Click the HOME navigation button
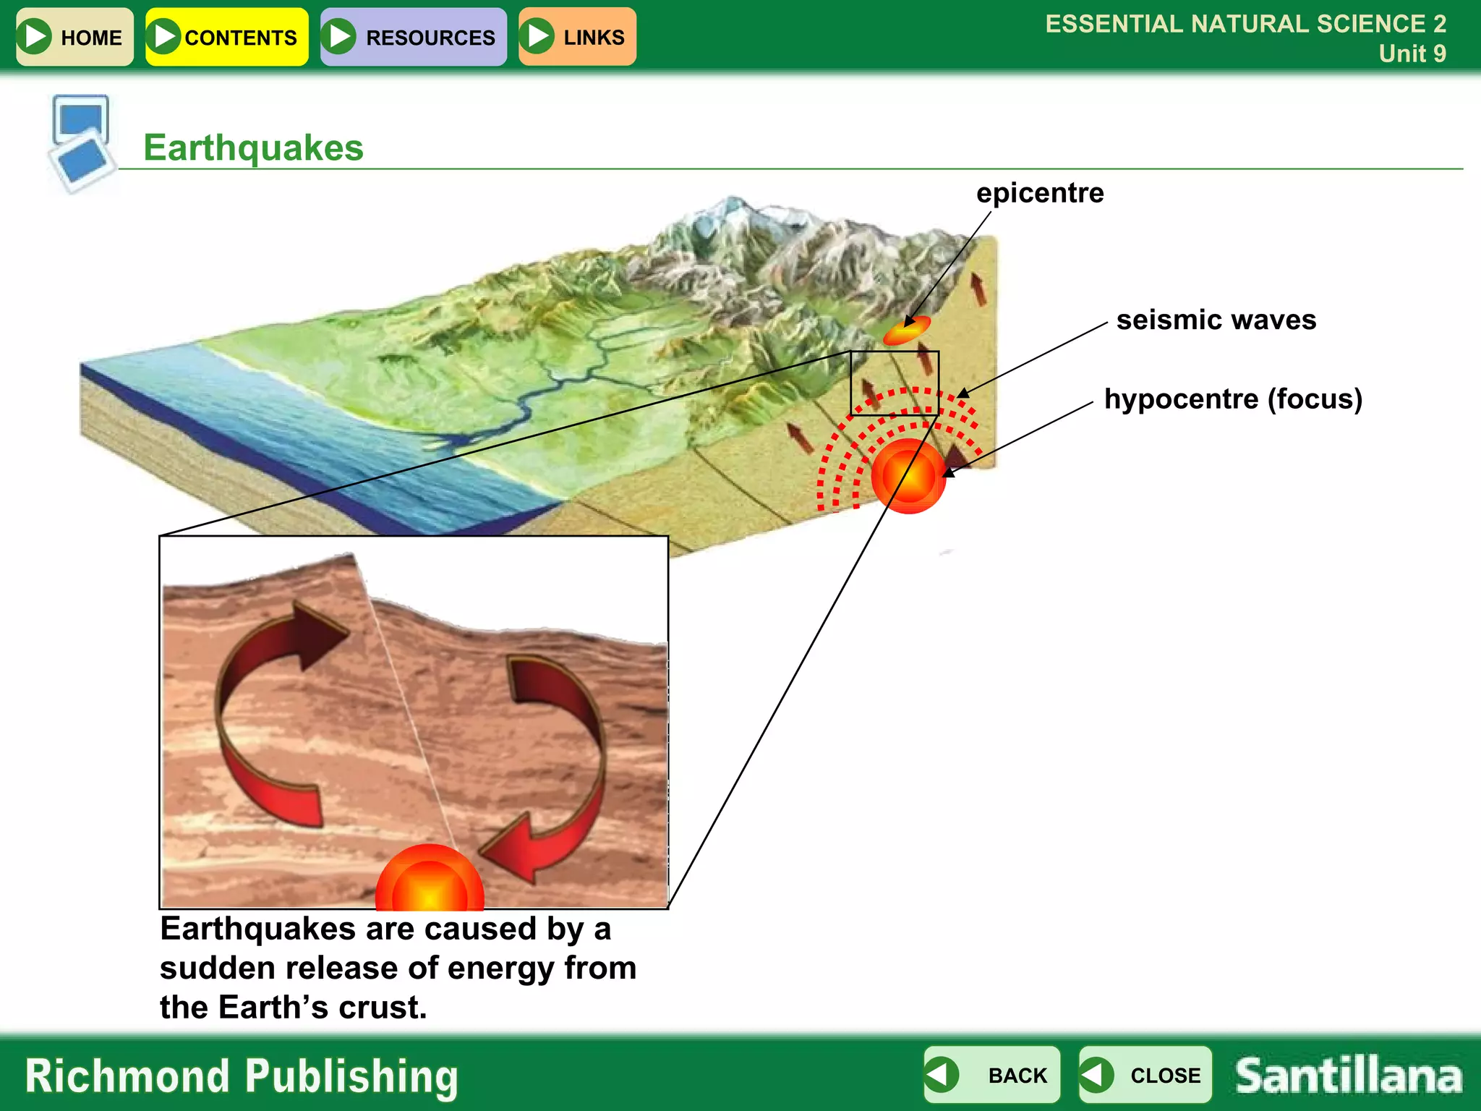pos(74,37)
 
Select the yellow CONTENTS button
pos(226,37)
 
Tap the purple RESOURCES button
pos(413,37)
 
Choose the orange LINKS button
pos(577,37)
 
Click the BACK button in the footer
pos(991,1075)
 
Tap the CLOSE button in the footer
pos(1145,1075)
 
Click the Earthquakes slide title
pos(253,148)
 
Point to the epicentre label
pos(1040,193)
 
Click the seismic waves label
pos(1216,320)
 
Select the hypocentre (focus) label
pos(1233,399)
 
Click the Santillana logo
pos(1349,1076)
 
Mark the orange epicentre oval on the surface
pos(906,331)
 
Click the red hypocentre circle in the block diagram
pos(908,475)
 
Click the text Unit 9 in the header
pos(1412,54)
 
